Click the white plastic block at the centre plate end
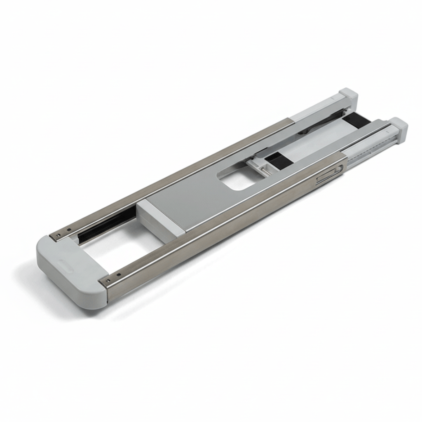click(161, 219)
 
